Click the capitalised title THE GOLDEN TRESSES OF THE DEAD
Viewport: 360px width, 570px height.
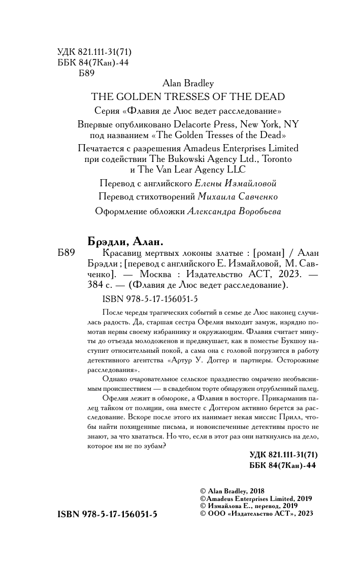(187, 96)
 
